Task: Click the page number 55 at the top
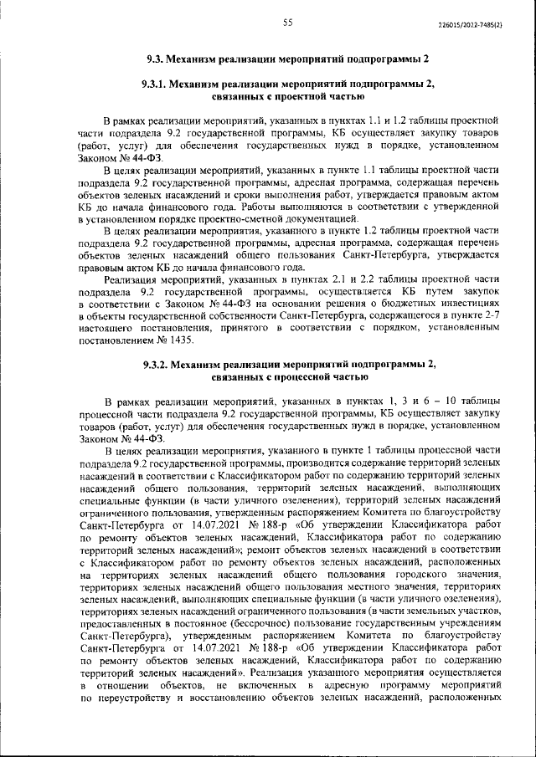point(287,23)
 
